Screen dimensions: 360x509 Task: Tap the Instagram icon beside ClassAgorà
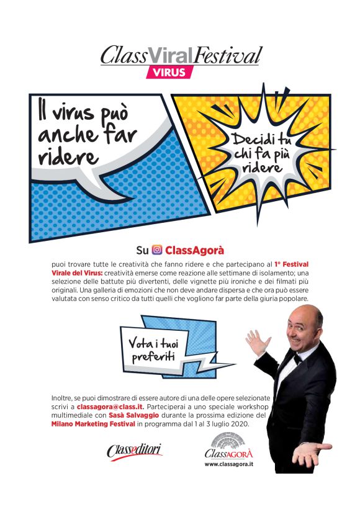coord(157,251)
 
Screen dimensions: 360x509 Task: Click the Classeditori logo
coord(135,450)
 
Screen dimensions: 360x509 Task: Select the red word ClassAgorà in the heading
coord(194,251)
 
